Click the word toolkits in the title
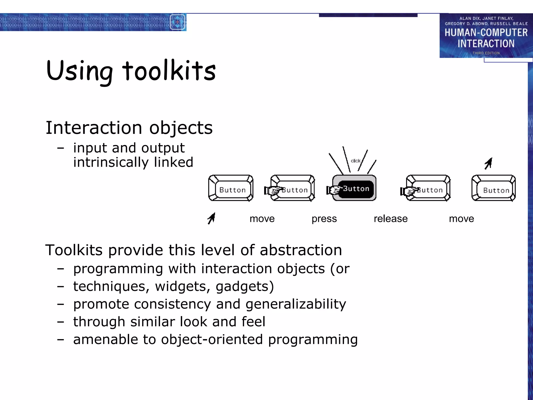[169, 71]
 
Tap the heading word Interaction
[94, 128]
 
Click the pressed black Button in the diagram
[356, 189]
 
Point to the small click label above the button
[355, 161]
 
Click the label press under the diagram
[324, 219]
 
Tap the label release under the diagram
[390, 219]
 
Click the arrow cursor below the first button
[212, 218]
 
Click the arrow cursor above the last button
[488, 163]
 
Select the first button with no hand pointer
[231, 188]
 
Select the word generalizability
[296, 304]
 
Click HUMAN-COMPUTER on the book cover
[486, 33]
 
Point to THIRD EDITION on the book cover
[486, 53]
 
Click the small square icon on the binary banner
[177, 22]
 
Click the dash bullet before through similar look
[61, 322]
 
